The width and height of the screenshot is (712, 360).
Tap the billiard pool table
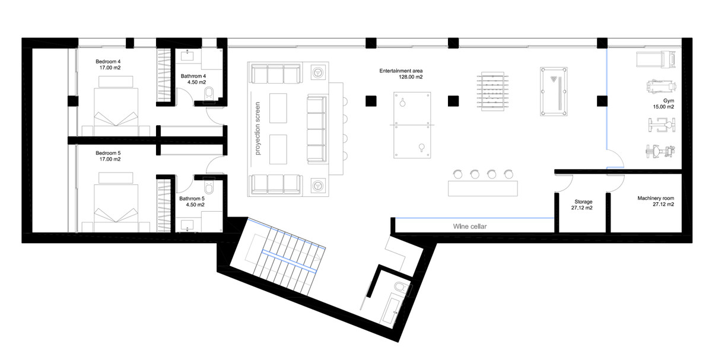(x=554, y=91)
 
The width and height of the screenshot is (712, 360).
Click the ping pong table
(x=409, y=125)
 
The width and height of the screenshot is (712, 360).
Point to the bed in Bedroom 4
(x=116, y=107)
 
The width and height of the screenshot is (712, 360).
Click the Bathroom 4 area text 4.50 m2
(x=193, y=83)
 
